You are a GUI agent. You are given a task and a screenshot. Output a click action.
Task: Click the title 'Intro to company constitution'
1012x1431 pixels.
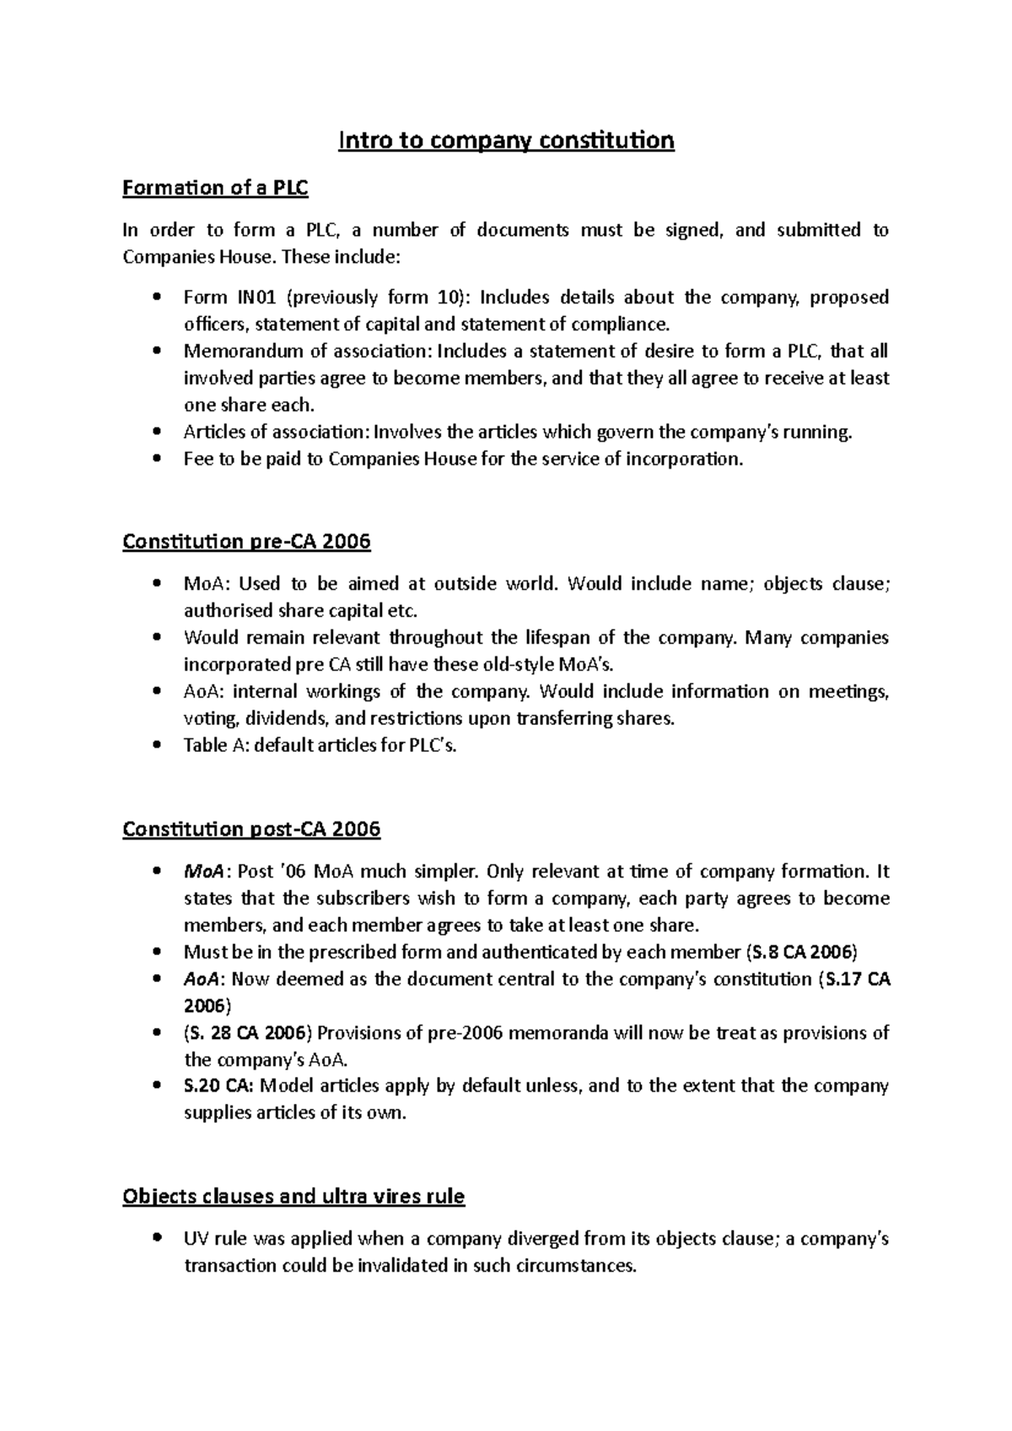click(506, 140)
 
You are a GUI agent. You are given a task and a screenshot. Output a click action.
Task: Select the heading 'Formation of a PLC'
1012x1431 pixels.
click(215, 188)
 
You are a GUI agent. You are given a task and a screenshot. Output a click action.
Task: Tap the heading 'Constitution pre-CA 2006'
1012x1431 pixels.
click(246, 541)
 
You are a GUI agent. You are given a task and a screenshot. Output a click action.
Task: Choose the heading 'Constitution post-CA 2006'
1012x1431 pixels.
click(251, 829)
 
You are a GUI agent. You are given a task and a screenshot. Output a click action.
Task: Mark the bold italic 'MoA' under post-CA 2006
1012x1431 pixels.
click(200, 871)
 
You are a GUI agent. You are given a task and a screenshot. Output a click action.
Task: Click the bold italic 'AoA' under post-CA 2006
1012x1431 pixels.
click(201, 979)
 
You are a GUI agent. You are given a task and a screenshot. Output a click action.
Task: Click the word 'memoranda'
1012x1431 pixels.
click(552, 1033)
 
